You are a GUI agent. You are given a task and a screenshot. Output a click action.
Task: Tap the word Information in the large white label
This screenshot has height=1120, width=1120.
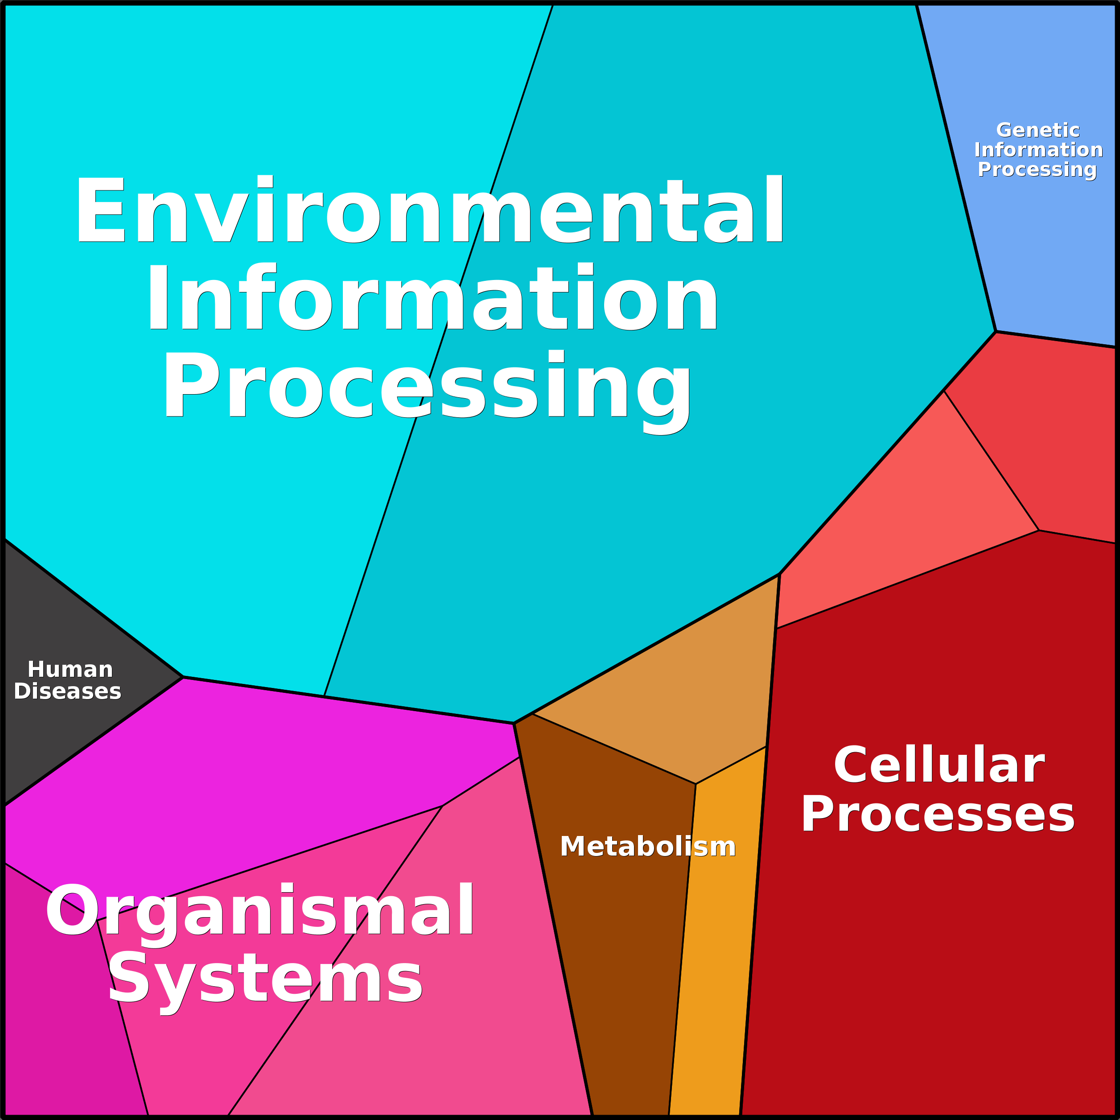[x=432, y=298]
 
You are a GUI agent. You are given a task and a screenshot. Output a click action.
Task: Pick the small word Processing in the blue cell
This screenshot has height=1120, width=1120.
[x=1037, y=169]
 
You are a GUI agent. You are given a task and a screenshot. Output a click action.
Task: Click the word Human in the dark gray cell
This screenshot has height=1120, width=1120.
[x=70, y=670]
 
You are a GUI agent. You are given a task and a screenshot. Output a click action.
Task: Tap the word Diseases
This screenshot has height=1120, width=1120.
[x=67, y=691]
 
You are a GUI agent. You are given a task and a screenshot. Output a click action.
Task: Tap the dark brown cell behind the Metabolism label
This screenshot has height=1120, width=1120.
[x=614, y=956]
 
